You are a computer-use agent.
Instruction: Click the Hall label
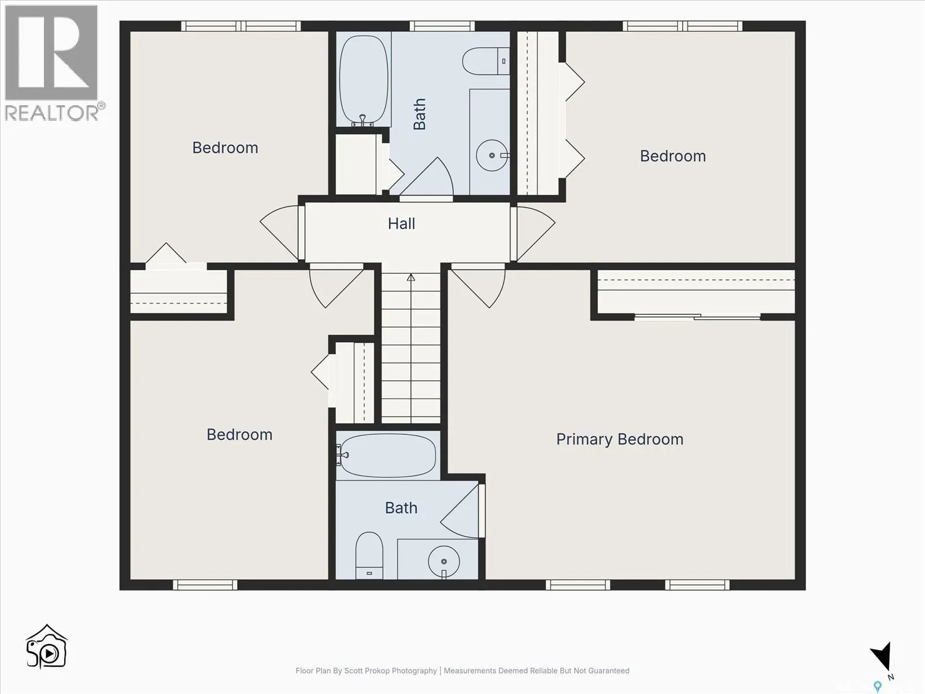tap(401, 223)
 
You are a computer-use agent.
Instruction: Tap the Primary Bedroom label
tap(620, 440)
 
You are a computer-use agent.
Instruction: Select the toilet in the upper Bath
tap(486, 61)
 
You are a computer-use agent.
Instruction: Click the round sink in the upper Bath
tap(492, 156)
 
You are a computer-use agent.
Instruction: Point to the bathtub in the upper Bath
tap(363, 80)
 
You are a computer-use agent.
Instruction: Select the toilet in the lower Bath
tap(369, 555)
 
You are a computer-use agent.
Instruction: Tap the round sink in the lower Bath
tap(444, 561)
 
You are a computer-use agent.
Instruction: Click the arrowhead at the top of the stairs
tap(411, 277)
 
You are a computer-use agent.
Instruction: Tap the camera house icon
tap(46, 647)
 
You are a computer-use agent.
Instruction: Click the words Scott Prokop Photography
tap(390, 671)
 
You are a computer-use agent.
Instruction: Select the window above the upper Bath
tap(442, 26)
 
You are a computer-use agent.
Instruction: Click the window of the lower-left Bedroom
tap(205, 585)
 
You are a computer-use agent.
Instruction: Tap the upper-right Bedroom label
tap(672, 156)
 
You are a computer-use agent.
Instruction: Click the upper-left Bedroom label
tap(225, 148)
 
